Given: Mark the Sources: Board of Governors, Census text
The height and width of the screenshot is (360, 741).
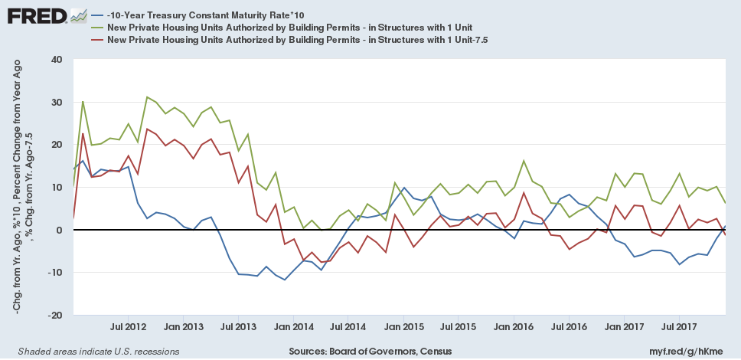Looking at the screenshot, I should pyautogui.click(x=370, y=351).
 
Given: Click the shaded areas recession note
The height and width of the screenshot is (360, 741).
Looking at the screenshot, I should pyautogui.click(x=94, y=351).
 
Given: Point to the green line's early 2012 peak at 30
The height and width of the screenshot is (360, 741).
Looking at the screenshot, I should pyautogui.click(x=83, y=101).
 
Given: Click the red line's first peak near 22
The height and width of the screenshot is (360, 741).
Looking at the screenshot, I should pyautogui.click(x=83, y=134).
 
